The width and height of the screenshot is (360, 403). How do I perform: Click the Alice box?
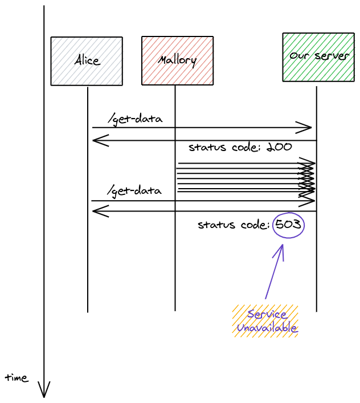coord(87,61)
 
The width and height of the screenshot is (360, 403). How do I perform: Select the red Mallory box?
coord(177,60)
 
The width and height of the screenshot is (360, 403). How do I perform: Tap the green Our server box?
coord(318,57)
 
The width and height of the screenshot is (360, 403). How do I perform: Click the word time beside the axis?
coord(17,377)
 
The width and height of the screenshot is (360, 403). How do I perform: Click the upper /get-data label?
coord(136,119)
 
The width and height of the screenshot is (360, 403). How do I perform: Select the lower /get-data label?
coord(134,190)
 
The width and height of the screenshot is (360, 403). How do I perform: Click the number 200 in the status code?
coord(279,147)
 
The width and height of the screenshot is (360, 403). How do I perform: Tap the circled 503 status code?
coord(288,225)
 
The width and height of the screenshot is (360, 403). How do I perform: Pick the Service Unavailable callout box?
coord(265,321)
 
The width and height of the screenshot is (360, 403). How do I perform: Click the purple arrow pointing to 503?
coord(274,271)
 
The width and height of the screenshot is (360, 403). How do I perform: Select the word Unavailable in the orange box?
coord(267,328)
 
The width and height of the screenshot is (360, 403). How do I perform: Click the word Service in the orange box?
coord(267,314)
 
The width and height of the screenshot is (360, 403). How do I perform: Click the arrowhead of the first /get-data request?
coord(308,128)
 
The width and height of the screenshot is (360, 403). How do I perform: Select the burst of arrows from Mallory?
coord(245,177)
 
